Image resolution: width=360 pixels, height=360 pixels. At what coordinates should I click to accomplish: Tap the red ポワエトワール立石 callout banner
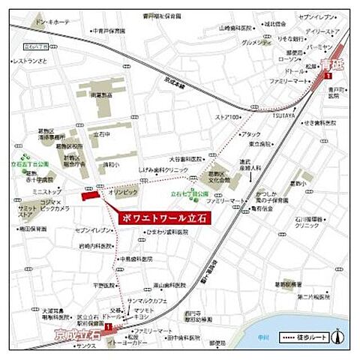point(164,217)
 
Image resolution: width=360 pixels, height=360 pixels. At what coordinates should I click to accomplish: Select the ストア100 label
point(227,118)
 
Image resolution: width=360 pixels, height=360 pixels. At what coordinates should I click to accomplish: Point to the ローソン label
point(288,58)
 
